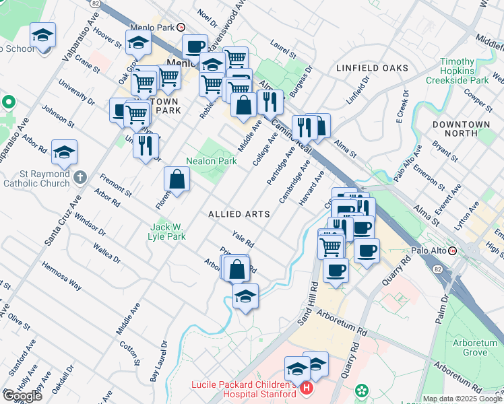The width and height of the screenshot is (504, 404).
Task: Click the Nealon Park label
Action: [212, 162]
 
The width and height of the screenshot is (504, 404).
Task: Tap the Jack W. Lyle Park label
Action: [168, 232]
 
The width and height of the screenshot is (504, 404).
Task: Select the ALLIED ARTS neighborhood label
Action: [239, 214]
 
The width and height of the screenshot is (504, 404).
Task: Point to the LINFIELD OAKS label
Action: [372, 69]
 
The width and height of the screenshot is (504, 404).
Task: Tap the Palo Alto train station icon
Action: [453, 250]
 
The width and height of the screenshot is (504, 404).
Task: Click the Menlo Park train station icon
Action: [181, 28]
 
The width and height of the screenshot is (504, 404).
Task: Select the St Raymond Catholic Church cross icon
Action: [80, 178]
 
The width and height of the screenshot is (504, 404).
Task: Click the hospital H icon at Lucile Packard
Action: [306, 389]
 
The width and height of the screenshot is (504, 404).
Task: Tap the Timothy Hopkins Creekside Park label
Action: [464, 71]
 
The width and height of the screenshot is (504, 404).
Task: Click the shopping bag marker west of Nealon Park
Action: [177, 180]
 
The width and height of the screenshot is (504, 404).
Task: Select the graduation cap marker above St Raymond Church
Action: [64, 152]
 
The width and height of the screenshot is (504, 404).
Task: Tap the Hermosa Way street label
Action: [61, 275]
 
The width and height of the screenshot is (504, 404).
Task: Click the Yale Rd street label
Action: [243, 238]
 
